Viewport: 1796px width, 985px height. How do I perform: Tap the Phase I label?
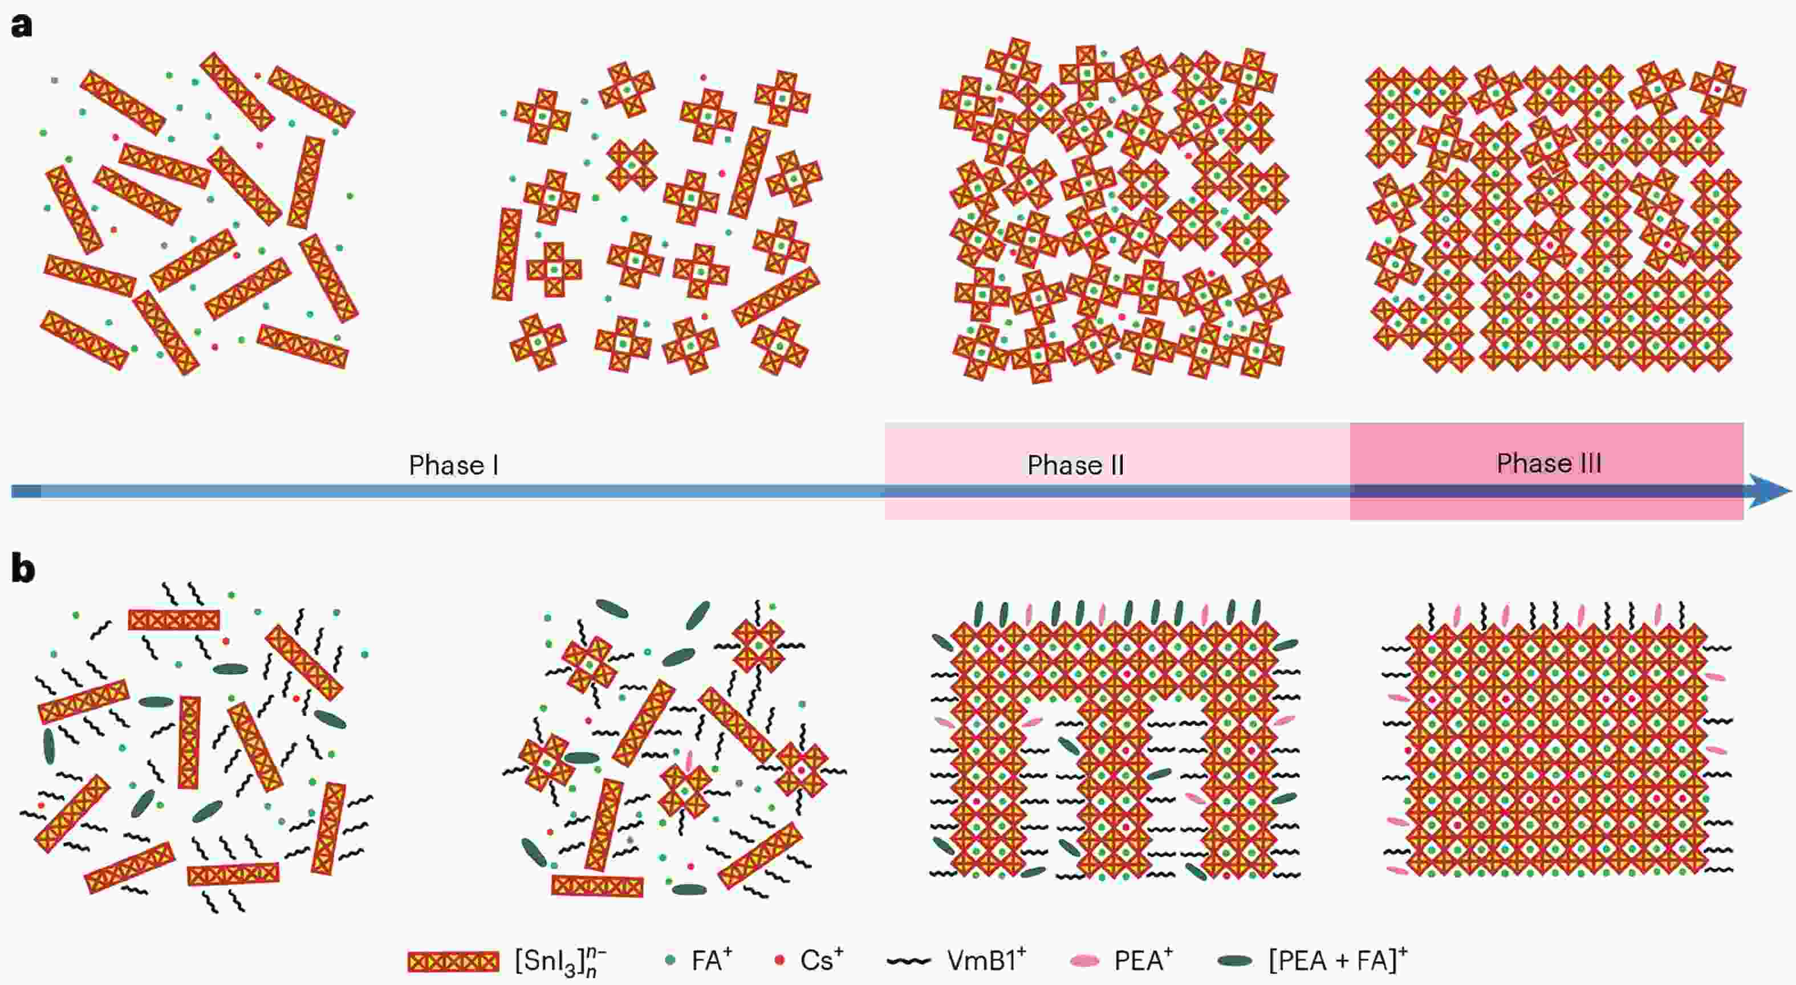453,465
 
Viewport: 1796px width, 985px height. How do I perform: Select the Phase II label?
1075,465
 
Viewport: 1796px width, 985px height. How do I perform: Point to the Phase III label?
1549,463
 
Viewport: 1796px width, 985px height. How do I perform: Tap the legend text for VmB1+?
986,960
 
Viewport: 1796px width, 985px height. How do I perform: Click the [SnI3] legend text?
560,963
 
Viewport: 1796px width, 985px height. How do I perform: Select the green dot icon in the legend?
671,960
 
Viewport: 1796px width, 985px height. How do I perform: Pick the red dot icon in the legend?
780,960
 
